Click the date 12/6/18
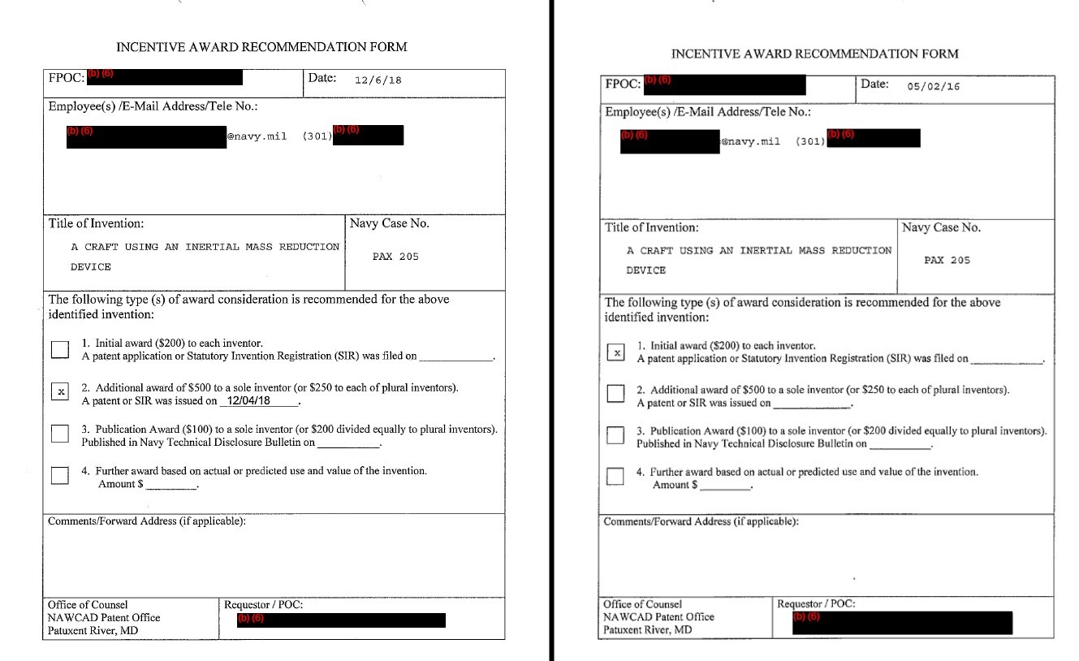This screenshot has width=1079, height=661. [378, 80]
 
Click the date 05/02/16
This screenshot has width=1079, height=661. [933, 87]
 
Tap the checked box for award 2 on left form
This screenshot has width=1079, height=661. [60, 391]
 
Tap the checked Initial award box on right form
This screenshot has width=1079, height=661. [617, 352]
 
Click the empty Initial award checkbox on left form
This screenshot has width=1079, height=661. [60, 349]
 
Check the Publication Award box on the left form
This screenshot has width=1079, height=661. [60, 433]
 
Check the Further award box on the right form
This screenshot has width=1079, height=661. [616, 476]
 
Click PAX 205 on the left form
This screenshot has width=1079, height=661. [395, 257]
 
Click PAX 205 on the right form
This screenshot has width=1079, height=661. [947, 261]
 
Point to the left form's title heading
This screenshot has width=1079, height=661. [261, 47]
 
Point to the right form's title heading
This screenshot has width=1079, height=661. [815, 54]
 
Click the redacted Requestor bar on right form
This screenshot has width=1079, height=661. [902, 623]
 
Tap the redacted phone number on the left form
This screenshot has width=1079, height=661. [368, 135]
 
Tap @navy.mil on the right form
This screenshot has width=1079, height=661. [750, 142]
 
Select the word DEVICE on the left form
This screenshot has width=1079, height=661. [91, 267]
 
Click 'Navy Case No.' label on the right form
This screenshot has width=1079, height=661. [941, 228]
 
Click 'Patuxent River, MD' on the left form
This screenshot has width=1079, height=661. [93, 631]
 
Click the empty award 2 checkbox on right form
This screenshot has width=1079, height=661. [616, 394]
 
